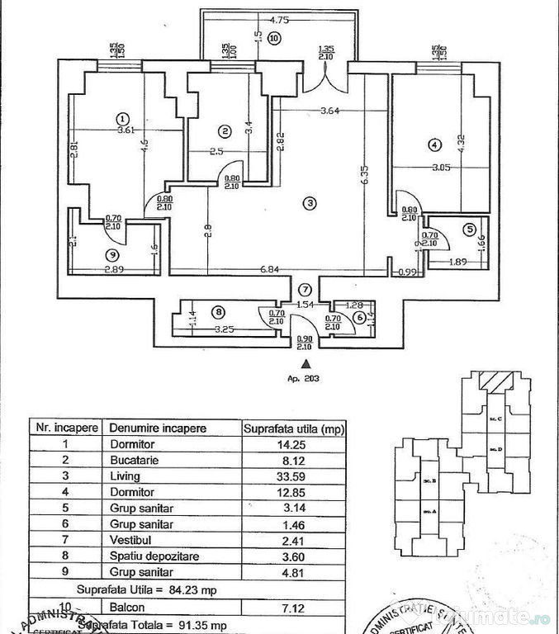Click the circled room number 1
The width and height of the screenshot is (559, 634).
click(x=122, y=117)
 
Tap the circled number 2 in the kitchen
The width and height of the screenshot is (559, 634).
click(x=224, y=130)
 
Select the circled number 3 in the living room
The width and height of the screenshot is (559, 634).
click(x=309, y=203)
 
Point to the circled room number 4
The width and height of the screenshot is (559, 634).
click(x=434, y=145)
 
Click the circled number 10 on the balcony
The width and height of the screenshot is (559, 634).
click(x=274, y=37)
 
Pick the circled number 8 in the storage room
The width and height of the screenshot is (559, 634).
click(x=218, y=311)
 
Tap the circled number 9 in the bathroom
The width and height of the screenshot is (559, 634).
click(x=111, y=253)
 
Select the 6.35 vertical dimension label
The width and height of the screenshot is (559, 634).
click(x=364, y=177)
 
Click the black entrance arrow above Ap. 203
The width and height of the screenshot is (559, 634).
click(x=306, y=362)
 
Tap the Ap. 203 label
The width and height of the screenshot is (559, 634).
click(x=306, y=379)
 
